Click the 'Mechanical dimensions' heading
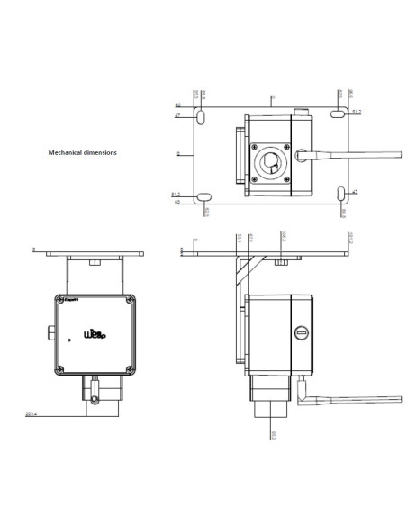(82, 153)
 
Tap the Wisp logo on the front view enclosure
(95, 334)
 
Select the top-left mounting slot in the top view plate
(203, 116)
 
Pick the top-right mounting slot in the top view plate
(338, 113)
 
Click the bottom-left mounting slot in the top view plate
(203, 195)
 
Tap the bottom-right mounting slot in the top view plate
(340, 194)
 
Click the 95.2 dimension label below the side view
(274, 433)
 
